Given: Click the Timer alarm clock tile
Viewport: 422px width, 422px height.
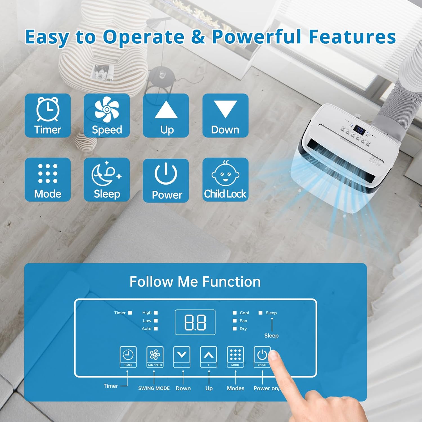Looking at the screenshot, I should [48, 115].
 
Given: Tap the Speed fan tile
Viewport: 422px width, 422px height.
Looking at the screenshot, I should [107, 115].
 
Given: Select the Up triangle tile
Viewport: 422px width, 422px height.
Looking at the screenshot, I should [166, 115].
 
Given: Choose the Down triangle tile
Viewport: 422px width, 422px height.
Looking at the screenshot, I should [225, 115].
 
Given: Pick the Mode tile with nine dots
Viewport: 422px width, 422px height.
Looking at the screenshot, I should [48, 179].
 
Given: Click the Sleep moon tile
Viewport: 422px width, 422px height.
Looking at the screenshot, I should [107, 179].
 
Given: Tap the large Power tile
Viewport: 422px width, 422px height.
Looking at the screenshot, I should [166, 180].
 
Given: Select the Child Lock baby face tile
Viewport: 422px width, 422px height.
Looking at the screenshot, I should [225, 179].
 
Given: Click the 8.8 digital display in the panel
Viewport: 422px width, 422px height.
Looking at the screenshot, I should [195, 322].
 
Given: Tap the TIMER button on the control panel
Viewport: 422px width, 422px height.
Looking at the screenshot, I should [128, 357].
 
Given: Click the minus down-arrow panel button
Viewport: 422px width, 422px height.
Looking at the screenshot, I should [182, 357].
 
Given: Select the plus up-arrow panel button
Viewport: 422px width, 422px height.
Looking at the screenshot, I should [208, 357].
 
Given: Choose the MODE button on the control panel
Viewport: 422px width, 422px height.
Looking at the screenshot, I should [235, 357].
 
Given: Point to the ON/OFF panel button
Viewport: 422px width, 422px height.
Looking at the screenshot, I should [262, 357].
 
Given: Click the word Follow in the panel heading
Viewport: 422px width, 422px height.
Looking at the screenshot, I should [151, 282].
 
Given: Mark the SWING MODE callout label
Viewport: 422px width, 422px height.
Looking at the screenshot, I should [154, 388].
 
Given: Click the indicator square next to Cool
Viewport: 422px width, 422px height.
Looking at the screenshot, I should [235, 313].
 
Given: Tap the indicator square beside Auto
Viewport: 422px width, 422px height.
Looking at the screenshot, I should [156, 329].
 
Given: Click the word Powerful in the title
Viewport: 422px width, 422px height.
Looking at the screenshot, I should [256, 37].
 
